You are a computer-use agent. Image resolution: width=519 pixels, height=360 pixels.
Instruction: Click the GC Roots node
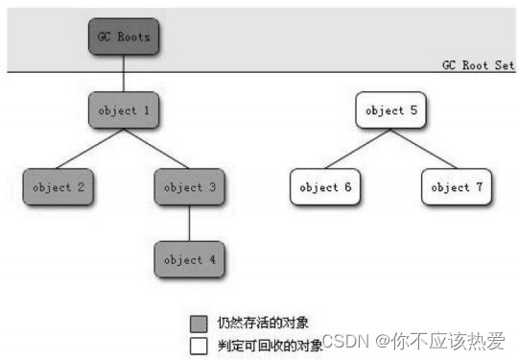pyautogui.click(x=124, y=36)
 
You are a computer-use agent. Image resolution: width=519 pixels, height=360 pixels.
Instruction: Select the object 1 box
pyautogui.click(x=124, y=110)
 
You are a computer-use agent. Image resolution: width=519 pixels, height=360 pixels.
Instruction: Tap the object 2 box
pyautogui.click(x=59, y=187)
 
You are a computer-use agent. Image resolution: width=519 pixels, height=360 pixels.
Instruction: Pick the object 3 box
pyautogui.click(x=190, y=187)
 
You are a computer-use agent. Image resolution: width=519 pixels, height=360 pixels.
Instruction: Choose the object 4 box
pyautogui.click(x=190, y=259)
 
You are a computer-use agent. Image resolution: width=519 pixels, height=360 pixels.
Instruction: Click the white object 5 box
pyautogui.click(x=390, y=110)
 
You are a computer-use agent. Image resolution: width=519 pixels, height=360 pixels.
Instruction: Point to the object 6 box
pyautogui.click(x=325, y=187)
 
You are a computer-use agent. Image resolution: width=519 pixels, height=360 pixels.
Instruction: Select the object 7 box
pyautogui.click(x=457, y=187)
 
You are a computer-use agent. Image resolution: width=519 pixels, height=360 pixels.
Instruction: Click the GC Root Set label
pyautogui.click(x=479, y=65)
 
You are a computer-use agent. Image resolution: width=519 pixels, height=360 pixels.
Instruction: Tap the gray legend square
pyautogui.click(x=199, y=324)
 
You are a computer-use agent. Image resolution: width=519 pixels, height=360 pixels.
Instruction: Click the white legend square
pyautogui.click(x=199, y=346)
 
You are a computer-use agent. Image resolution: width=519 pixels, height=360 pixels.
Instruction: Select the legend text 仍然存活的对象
pyautogui.click(x=263, y=323)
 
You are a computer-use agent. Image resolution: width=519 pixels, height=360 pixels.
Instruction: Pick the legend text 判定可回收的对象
pyautogui.click(x=271, y=346)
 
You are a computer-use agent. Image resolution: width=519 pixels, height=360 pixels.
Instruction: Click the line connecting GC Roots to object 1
pyautogui.click(x=124, y=73)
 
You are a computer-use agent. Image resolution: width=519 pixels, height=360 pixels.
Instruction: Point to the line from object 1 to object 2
pyautogui.click(x=90, y=149)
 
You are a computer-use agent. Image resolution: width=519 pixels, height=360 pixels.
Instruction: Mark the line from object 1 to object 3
pyautogui.click(x=156, y=149)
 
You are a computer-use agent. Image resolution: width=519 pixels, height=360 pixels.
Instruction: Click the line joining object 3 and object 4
pyautogui.click(x=190, y=224)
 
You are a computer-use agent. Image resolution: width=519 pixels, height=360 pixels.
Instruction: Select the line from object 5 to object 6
pyautogui.click(x=358, y=149)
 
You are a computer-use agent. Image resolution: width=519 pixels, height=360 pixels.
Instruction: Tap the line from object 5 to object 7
pyautogui.click(x=424, y=149)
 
